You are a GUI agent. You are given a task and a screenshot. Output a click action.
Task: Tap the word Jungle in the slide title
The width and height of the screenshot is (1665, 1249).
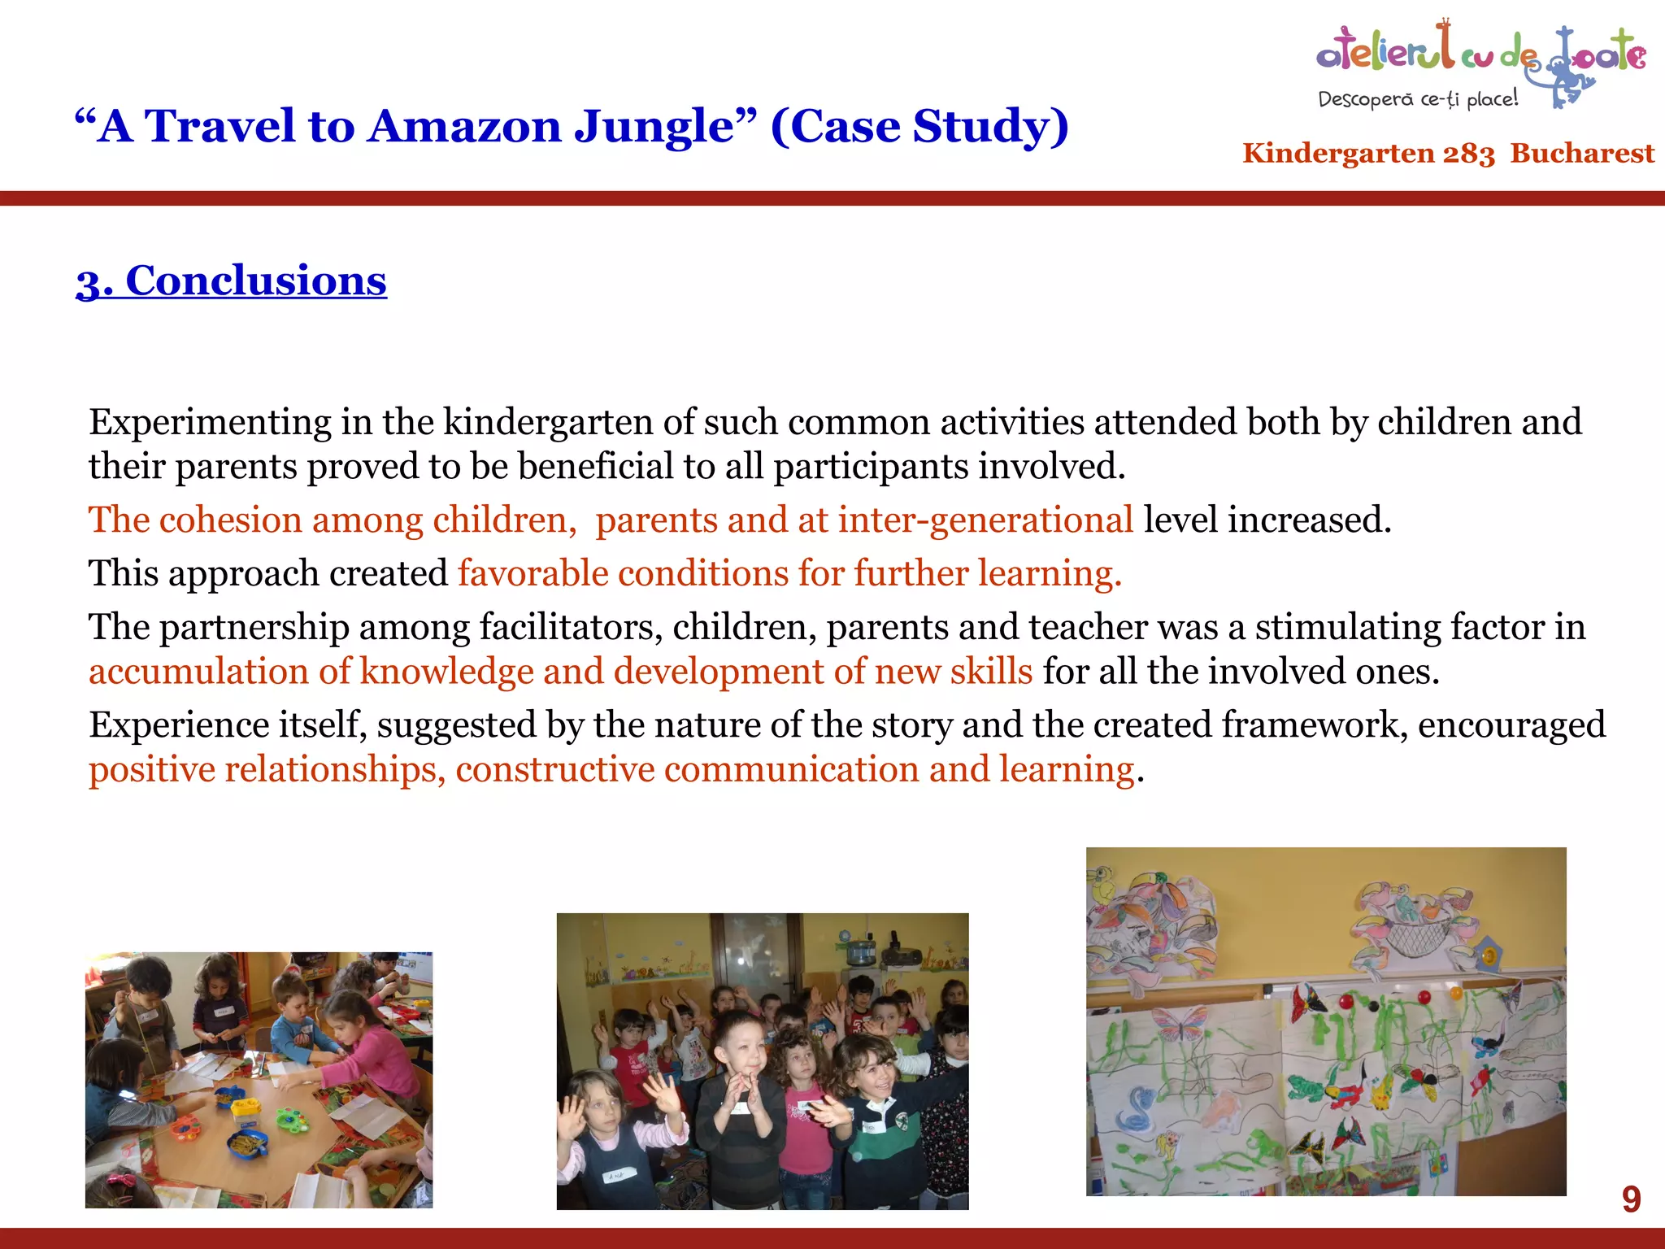point(665,128)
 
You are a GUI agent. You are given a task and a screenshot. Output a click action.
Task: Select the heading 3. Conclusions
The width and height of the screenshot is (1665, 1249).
point(231,281)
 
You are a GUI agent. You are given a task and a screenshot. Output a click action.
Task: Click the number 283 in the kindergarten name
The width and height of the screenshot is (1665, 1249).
point(1468,154)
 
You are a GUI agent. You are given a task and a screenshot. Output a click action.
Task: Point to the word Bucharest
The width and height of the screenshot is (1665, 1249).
point(1582,153)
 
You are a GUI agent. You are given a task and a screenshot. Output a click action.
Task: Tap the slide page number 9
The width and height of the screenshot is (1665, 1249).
point(1631,1199)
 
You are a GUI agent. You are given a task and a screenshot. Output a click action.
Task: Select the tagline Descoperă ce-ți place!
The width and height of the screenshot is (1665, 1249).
point(1417,99)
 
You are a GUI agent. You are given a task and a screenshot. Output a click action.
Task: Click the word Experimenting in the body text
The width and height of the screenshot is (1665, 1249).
point(210,423)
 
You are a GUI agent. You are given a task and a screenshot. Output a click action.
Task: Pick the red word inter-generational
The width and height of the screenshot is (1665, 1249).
point(985,520)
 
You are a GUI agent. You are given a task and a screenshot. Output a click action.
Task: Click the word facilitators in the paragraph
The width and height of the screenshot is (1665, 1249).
point(570,628)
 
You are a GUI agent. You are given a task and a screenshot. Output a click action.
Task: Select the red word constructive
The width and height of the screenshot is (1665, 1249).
point(554,770)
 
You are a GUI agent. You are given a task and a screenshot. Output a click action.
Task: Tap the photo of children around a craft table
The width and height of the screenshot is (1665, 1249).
point(259,1080)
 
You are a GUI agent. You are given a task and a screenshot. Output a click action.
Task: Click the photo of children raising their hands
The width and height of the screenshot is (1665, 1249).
point(762,1061)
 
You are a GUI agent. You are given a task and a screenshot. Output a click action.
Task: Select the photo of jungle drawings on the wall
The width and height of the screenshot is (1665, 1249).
point(1325,1021)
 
